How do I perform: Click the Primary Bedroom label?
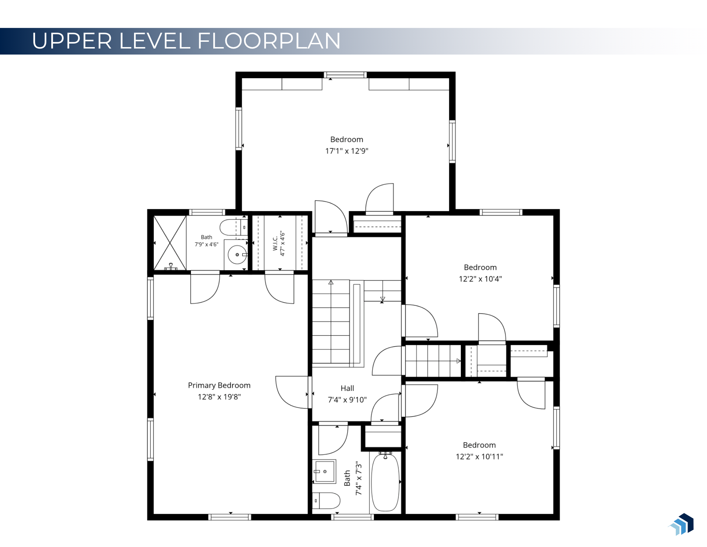tap(219, 385)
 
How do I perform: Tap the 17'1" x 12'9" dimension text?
tap(347, 151)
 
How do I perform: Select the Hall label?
tap(347, 388)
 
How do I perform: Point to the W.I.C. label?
tap(275, 244)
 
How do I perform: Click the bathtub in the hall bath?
tap(386, 482)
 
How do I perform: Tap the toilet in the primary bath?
tap(233, 227)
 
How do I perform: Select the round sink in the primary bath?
tap(237, 255)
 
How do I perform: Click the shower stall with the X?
tap(170, 243)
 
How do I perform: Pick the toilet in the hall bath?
tap(326, 501)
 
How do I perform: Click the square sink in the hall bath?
tap(325, 471)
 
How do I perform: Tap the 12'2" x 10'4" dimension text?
tap(480, 279)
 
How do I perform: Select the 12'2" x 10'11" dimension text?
tap(479, 457)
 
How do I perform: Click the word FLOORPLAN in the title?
tap(269, 41)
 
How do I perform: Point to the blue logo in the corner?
tap(681, 524)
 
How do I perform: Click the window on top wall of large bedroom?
tap(345, 75)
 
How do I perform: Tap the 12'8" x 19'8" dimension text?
tap(219, 397)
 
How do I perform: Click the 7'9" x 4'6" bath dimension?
tap(207, 244)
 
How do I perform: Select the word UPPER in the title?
tap(72, 41)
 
